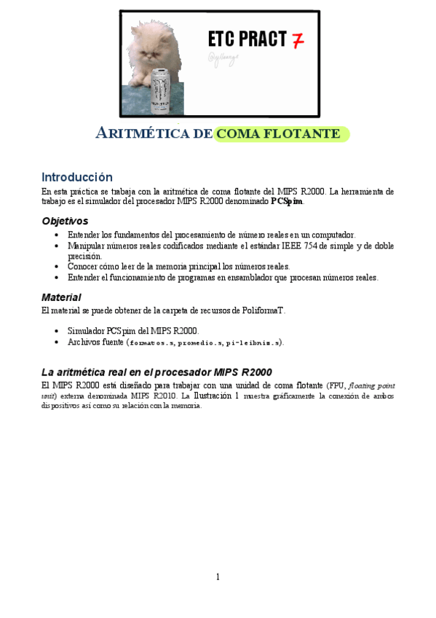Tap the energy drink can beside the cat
[x=159, y=90]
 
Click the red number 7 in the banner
[x=297, y=41]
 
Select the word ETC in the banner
[x=223, y=39]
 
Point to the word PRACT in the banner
[x=265, y=39]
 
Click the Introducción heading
[x=77, y=177]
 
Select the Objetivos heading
[x=65, y=221]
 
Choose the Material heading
[x=61, y=297]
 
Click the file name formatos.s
[x=154, y=342]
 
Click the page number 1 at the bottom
[x=218, y=577]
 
